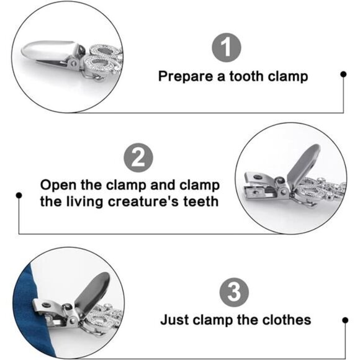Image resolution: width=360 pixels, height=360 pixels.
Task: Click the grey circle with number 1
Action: click(x=227, y=48)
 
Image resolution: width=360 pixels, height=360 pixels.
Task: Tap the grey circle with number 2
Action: click(x=138, y=158)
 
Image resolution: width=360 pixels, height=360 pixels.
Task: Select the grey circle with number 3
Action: click(x=234, y=292)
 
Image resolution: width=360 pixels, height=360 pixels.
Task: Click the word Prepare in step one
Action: click(x=186, y=77)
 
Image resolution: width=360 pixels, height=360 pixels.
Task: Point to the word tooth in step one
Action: click(x=246, y=76)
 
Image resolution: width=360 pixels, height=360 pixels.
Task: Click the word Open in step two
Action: click(x=58, y=186)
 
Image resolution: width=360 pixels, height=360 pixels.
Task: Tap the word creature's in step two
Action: click(x=143, y=202)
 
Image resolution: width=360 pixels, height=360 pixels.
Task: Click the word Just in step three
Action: click(x=174, y=320)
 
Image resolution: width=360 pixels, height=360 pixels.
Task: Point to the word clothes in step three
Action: click(x=287, y=320)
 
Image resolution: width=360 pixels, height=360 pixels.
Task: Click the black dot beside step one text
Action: click(x=343, y=74)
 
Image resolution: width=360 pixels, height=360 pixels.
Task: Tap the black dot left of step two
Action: click(x=19, y=196)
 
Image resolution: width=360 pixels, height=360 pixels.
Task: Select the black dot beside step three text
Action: click(x=345, y=320)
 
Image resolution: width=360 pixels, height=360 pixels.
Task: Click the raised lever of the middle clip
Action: click(x=303, y=164)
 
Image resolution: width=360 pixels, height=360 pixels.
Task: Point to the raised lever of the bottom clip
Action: click(x=92, y=292)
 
